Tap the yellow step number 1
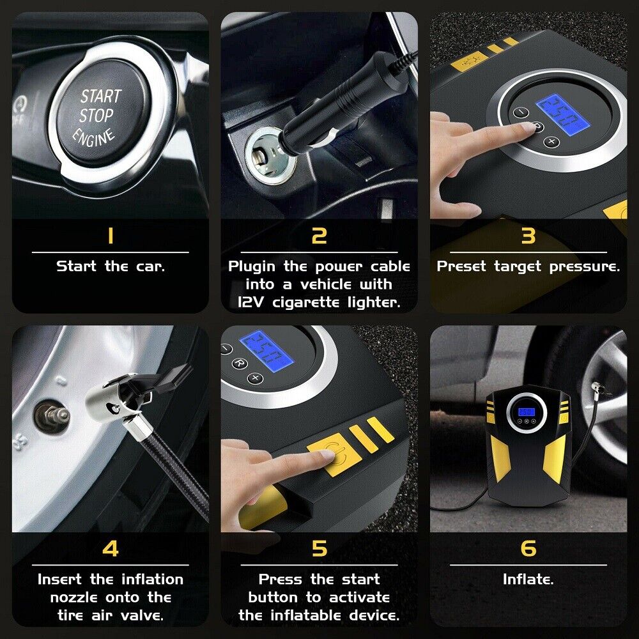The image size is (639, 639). pos(110,236)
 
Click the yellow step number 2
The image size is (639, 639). pos(319,236)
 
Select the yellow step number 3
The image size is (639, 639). pos(528,236)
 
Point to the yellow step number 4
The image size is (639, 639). pos(110,548)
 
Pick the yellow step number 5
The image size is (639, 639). pos(319,548)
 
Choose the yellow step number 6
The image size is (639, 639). pos(528,548)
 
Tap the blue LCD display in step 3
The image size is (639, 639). pos(563,114)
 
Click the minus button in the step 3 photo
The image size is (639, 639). pos(521,112)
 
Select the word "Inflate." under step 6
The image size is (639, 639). pos(528,579)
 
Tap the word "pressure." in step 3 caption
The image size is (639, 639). pos(585,267)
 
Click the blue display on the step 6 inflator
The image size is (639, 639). pos(526,412)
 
